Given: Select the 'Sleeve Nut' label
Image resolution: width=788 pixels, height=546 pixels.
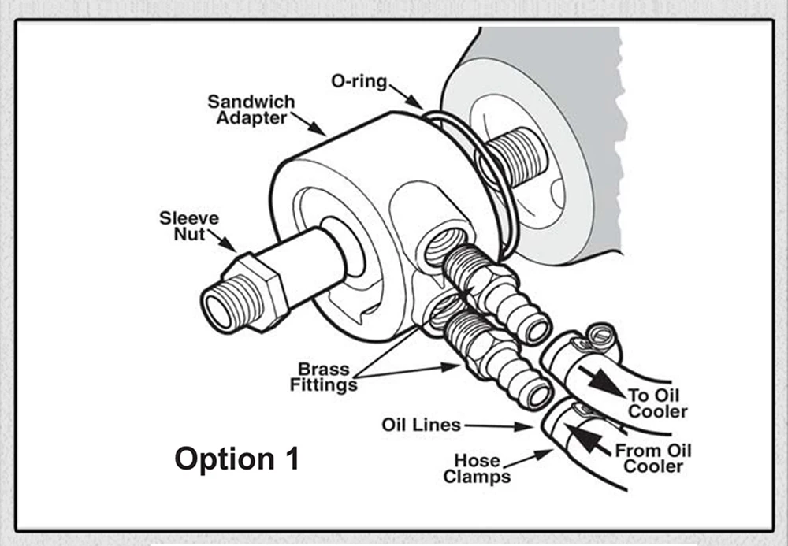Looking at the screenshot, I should pyautogui.click(x=189, y=226).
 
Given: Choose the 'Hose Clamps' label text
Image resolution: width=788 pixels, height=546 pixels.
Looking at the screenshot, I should pyautogui.click(x=476, y=468).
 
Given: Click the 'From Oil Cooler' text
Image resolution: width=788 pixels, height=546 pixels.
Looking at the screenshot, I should pyautogui.click(x=653, y=459).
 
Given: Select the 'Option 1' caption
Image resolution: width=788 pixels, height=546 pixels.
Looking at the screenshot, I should pyautogui.click(x=236, y=459).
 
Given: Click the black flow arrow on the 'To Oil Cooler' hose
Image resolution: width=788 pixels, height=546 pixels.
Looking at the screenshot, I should pyautogui.click(x=606, y=381).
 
